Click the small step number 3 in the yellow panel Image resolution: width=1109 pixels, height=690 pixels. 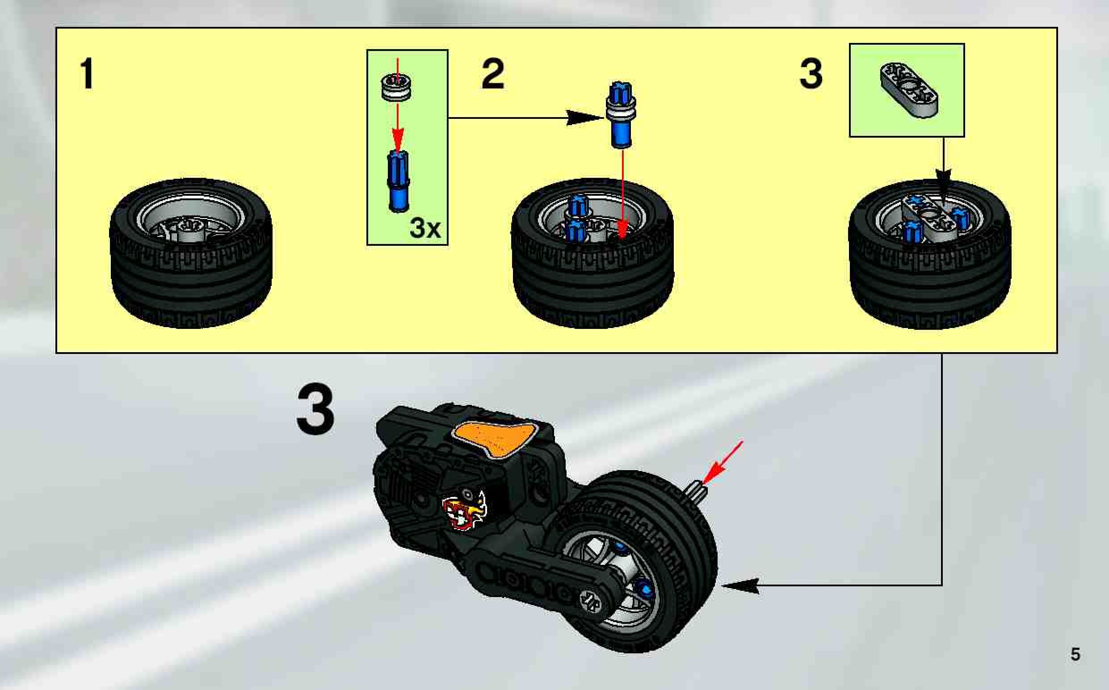click(811, 73)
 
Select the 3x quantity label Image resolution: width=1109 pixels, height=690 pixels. click(425, 228)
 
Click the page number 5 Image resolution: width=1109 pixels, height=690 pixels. click(1075, 654)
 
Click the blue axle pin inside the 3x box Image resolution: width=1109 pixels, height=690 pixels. click(398, 181)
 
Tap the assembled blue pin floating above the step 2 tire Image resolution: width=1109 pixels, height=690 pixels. click(621, 115)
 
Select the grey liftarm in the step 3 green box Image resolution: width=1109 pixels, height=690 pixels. click(908, 90)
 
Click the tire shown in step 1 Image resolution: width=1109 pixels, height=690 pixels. click(191, 253)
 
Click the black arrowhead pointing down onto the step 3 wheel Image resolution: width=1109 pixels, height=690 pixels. click(943, 179)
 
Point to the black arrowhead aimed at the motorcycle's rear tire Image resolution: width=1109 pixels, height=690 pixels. click(741, 585)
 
